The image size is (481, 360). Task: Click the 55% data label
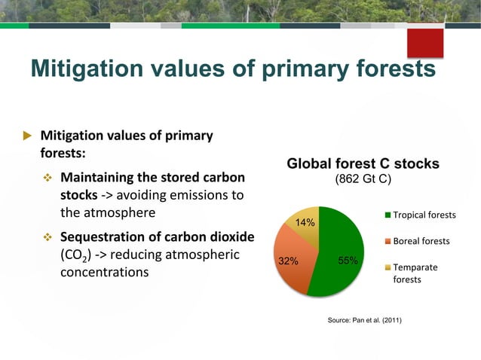tap(348, 261)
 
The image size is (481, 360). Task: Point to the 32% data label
tap(286, 261)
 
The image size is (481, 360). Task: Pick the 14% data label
tap(305, 223)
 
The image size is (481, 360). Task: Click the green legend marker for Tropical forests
tap(388, 215)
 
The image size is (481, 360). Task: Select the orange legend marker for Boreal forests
tap(388, 242)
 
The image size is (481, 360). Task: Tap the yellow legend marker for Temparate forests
tap(388, 267)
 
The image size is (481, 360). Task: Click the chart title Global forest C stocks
tap(363, 164)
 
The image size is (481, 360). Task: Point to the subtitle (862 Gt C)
tap(363, 180)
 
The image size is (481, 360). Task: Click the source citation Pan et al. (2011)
tap(364, 321)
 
